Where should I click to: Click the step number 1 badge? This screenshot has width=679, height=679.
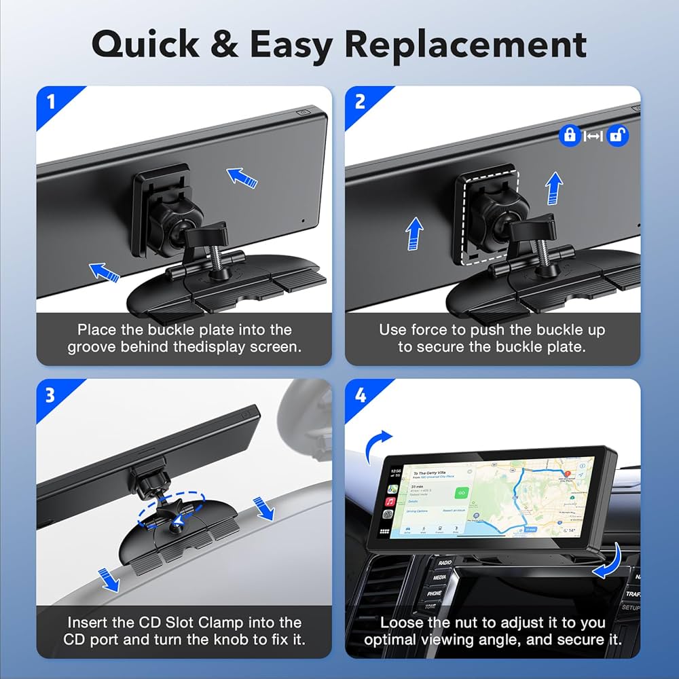(51, 102)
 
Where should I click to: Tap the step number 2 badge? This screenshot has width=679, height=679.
(360, 102)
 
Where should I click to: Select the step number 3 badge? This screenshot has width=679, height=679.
(51, 394)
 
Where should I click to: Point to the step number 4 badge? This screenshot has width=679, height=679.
(360, 394)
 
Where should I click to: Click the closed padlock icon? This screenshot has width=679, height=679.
(569, 135)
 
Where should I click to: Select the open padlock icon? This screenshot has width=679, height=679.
(617, 135)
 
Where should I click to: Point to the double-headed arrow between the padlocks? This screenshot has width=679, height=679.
(593, 136)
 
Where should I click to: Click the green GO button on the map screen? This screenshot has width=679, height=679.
(462, 492)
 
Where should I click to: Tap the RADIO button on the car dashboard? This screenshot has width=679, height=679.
(445, 563)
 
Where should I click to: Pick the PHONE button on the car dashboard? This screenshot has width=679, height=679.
(435, 593)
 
